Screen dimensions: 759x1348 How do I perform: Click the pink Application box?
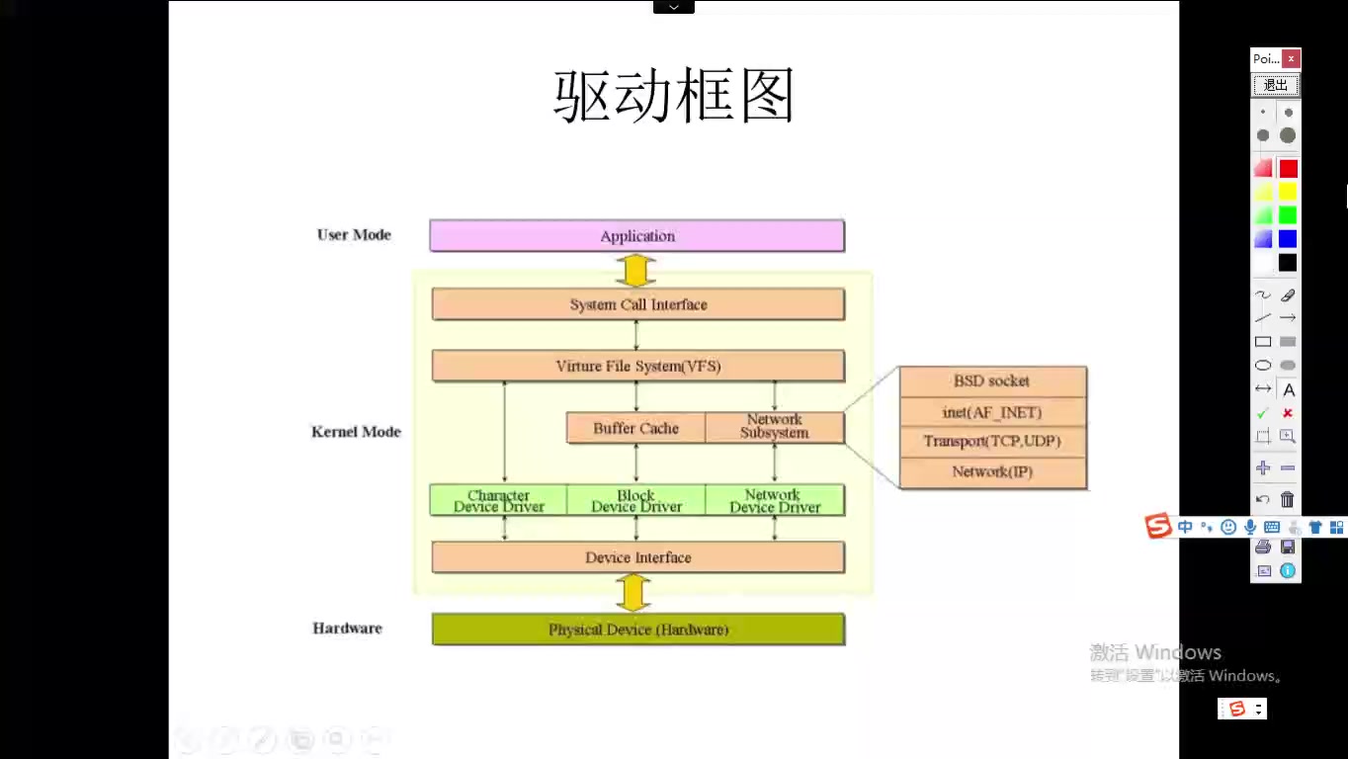(x=637, y=236)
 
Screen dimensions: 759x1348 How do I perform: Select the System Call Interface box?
(x=637, y=304)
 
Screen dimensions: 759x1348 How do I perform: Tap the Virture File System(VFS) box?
(x=637, y=366)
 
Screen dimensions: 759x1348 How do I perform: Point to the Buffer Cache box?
(x=635, y=428)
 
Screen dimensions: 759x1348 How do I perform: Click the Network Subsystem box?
(x=775, y=427)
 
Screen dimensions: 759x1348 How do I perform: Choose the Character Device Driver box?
(x=499, y=500)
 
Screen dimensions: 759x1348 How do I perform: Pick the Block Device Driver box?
(x=636, y=500)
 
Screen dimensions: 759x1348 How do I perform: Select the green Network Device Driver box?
(x=775, y=500)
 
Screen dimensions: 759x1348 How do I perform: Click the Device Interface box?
(x=637, y=557)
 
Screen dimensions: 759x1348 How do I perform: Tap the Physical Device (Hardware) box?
(x=637, y=630)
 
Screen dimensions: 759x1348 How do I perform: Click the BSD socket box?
(x=992, y=381)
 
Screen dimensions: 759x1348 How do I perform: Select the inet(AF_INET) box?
(x=992, y=412)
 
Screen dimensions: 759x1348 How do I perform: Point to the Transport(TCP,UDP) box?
(x=992, y=442)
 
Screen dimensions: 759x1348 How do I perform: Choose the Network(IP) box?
(x=992, y=471)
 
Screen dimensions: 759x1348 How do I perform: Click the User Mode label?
(x=354, y=235)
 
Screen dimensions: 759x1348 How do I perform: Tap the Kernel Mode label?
(x=356, y=432)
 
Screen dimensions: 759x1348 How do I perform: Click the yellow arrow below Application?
(x=635, y=270)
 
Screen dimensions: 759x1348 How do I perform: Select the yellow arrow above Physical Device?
(x=633, y=593)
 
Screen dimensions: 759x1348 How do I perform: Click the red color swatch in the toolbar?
(x=1288, y=169)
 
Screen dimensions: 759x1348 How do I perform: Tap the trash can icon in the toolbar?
(x=1287, y=500)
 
